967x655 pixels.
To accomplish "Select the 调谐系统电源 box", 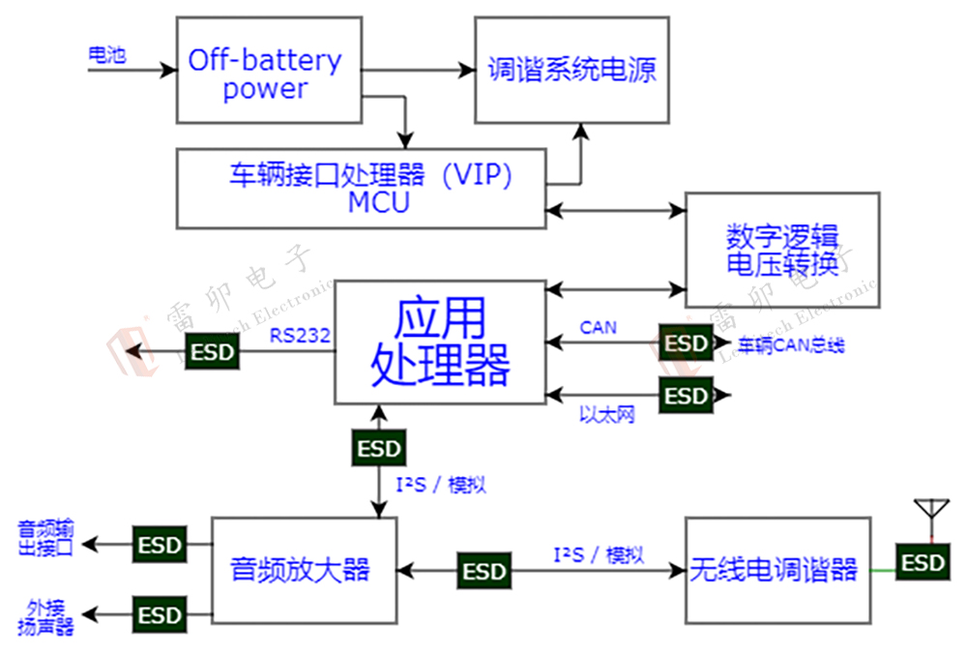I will [x=571, y=70].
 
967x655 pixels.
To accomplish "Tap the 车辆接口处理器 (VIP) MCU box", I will [x=361, y=188].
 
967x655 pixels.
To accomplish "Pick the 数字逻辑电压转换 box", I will [x=782, y=250].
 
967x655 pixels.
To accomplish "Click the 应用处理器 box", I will [x=440, y=342].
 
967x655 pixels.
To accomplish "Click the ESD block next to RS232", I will [x=212, y=351].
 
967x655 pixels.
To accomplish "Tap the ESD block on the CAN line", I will [x=687, y=342].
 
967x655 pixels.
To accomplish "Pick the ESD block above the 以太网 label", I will [x=687, y=395].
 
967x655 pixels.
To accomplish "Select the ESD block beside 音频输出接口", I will [x=159, y=545].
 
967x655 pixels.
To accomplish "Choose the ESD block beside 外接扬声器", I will [x=159, y=614].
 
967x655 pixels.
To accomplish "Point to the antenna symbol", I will [x=931, y=511].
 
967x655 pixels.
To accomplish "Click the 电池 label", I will [x=106, y=55].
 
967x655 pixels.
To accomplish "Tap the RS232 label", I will [x=300, y=336].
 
